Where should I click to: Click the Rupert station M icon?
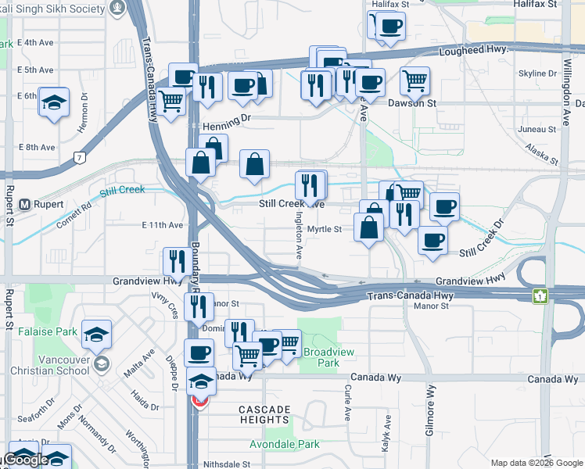tap(24, 204)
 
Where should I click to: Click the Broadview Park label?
tap(328, 358)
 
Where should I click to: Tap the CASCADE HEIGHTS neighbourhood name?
tap(264, 414)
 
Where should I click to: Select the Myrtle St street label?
tap(325, 229)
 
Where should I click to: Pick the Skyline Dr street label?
tap(537, 73)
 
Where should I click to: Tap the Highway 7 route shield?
tap(80, 157)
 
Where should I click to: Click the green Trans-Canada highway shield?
tap(540, 296)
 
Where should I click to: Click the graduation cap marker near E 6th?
tap(54, 102)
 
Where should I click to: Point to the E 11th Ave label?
tap(163, 225)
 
